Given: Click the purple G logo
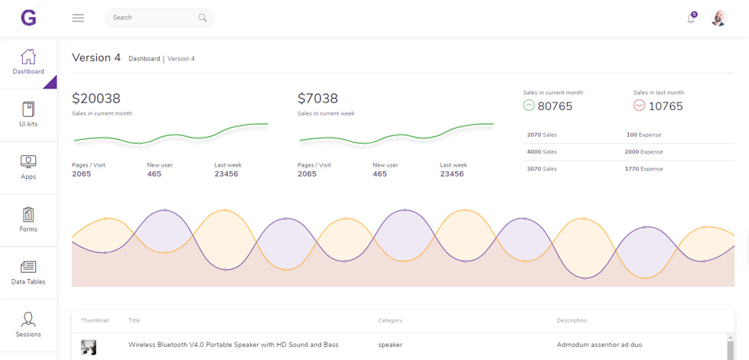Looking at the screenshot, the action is [29, 18].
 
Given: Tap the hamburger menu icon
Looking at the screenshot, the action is [78, 18].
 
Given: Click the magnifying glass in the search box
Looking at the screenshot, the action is [203, 18].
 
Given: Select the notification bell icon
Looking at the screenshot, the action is [691, 18].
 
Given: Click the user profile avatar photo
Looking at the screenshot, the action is [719, 18].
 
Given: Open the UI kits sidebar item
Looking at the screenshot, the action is [28, 115].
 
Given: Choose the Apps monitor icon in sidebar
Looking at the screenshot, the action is [28, 161].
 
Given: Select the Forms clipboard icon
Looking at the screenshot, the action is [28, 214].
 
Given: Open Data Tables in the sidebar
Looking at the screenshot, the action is [28, 273].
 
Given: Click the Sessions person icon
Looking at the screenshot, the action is [28, 319].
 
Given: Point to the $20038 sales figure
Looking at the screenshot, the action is [96, 99].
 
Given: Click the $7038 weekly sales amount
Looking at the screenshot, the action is [318, 99].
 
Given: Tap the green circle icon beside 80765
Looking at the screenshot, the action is [529, 105].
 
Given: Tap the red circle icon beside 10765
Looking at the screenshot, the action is [639, 105].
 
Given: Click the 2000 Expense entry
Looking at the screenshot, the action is [644, 152].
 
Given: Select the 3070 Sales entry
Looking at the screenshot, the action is [542, 169].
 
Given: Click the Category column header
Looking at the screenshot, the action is [391, 320].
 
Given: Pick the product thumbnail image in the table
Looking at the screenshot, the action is [89, 347].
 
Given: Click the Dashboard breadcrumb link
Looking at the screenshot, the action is [144, 59].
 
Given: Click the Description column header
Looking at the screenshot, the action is [572, 320].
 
